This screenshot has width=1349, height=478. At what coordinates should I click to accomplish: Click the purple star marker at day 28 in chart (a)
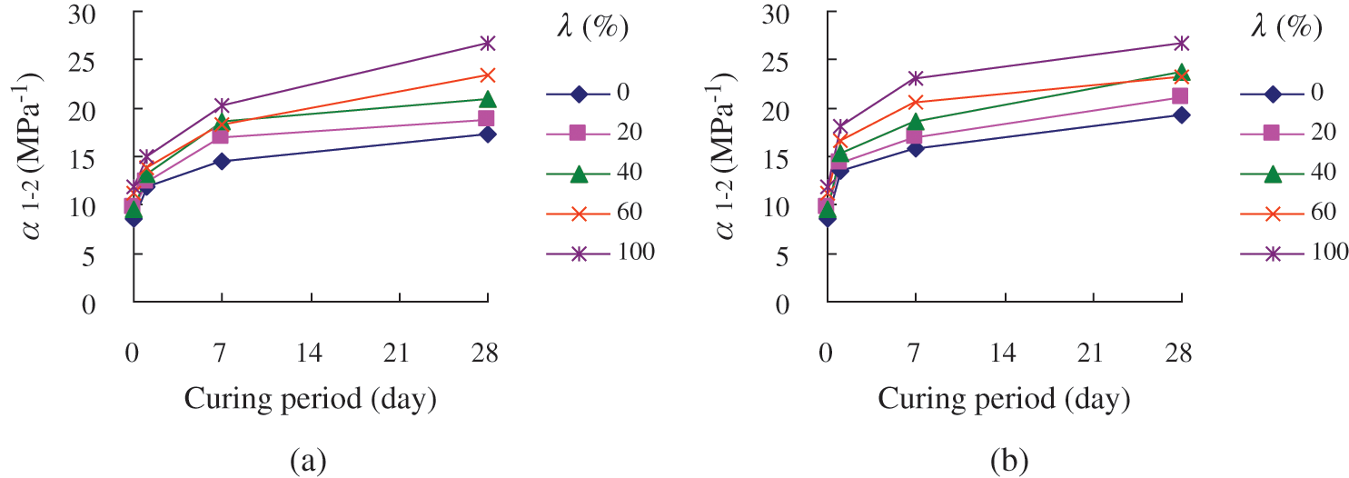coord(487,43)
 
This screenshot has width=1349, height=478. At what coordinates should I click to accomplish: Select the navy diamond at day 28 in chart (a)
coord(487,134)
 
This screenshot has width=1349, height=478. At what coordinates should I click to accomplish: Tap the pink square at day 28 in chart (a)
coord(487,119)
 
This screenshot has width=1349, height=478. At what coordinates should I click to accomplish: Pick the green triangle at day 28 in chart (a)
coord(487,99)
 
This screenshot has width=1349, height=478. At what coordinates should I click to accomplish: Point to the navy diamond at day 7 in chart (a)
coord(222,162)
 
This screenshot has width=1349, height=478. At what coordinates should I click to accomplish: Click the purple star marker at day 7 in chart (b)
coord(915,78)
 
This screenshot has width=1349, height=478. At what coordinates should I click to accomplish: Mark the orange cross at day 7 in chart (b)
coord(915,102)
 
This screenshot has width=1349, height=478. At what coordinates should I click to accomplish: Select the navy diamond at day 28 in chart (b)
coord(1180,115)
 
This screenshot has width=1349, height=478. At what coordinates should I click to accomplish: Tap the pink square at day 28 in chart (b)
coord(1180,96)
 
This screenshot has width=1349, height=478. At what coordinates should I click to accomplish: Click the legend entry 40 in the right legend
coord(1328,173)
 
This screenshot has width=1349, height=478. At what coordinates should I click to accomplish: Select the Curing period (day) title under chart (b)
coord(1003,398)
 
